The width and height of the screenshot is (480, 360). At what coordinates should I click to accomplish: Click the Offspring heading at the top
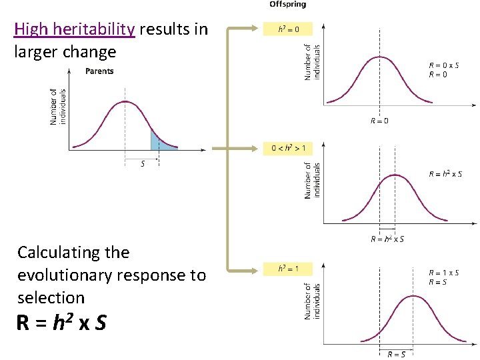pyautogui.click(x=287, y=5)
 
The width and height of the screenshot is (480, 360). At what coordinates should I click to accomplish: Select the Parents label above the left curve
pyautogui.click(x=99, y=71)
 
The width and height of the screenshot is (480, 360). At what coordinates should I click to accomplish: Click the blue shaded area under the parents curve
pyautogui.click(x=157, y=141)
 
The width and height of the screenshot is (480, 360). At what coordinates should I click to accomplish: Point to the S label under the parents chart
pyautogui.click(x=142, y=164)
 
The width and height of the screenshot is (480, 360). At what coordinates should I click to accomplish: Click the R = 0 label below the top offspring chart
pyautogui.click(x=379, y=121)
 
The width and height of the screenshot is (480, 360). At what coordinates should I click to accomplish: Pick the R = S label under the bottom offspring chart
pyautogui.click(x=396, y=354)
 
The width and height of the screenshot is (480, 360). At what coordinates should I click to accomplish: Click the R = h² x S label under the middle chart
pyautogui.click(x=387, y=239)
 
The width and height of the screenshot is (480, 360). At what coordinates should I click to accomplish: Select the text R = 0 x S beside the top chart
pyautogui.click(x=443, y=65)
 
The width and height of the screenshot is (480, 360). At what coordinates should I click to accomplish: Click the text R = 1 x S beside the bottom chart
pyautogui.click(x=443, y=273)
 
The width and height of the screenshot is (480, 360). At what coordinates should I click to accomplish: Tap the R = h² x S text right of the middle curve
pyautogui.click(x=445, y=175)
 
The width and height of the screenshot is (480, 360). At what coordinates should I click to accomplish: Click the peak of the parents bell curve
pyautogui.click(x=125, y=102)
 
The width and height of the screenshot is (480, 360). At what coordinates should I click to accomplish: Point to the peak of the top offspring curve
pyautogui.click(x=379, y=57)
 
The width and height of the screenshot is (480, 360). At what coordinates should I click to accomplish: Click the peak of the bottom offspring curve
pyautogui.click(x=413, y=296)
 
